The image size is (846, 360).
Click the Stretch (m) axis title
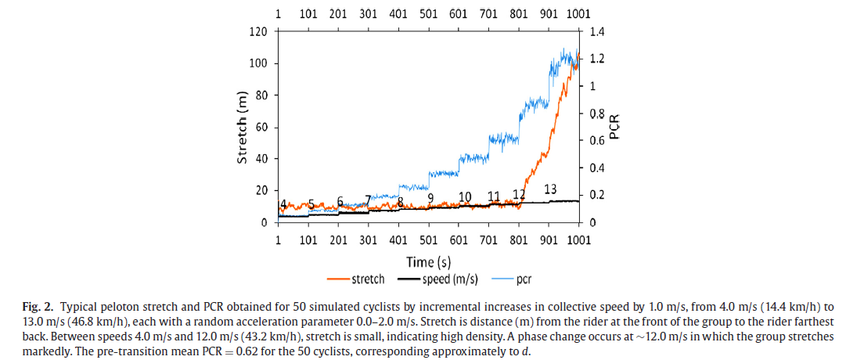(243, 127)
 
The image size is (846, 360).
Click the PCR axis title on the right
(615, 127)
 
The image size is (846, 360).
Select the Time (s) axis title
(428, 260)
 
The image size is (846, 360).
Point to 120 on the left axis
(258, 31)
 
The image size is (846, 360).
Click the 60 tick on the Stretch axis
(261, 127)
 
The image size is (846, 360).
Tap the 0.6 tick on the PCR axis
(597, 141)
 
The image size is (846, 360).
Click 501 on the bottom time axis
(428, 239)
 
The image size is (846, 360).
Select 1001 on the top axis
(578, 13)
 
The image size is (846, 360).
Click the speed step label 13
(550, 189)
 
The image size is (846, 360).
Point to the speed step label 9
(430, 198)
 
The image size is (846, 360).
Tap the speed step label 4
(283, 203)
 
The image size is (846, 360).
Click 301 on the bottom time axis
(368, 239)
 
